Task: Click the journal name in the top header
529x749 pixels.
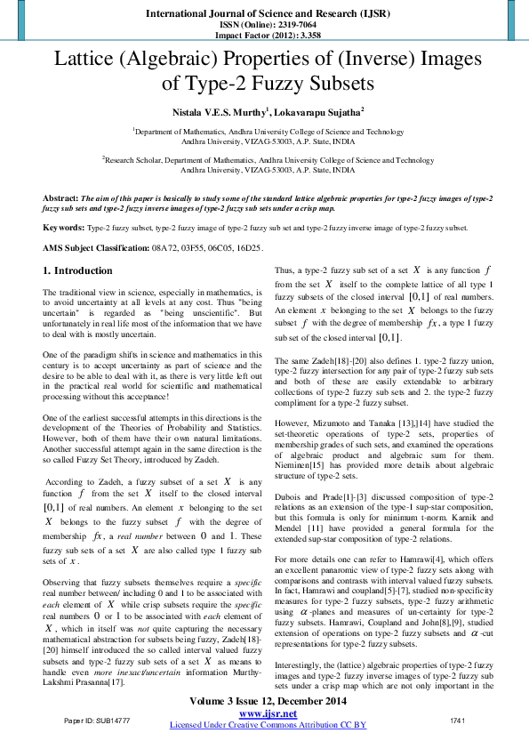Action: [264, 15]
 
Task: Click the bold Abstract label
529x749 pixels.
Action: [60, 197]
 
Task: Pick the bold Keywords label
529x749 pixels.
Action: [64, 228]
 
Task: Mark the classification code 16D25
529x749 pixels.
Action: [249, 247]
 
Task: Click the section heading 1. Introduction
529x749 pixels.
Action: [78, 270]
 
